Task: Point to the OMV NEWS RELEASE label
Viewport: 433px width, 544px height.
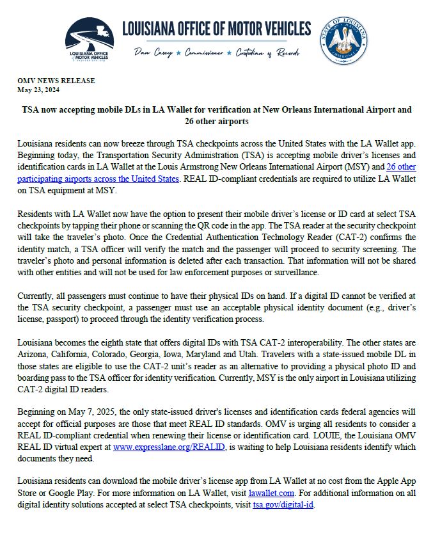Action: tap(56, 81)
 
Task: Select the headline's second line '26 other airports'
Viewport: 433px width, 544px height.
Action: tap(216, 121)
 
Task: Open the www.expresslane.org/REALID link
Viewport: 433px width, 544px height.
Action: tap(169, 447)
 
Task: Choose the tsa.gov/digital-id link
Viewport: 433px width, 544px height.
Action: tap(283, 504)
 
